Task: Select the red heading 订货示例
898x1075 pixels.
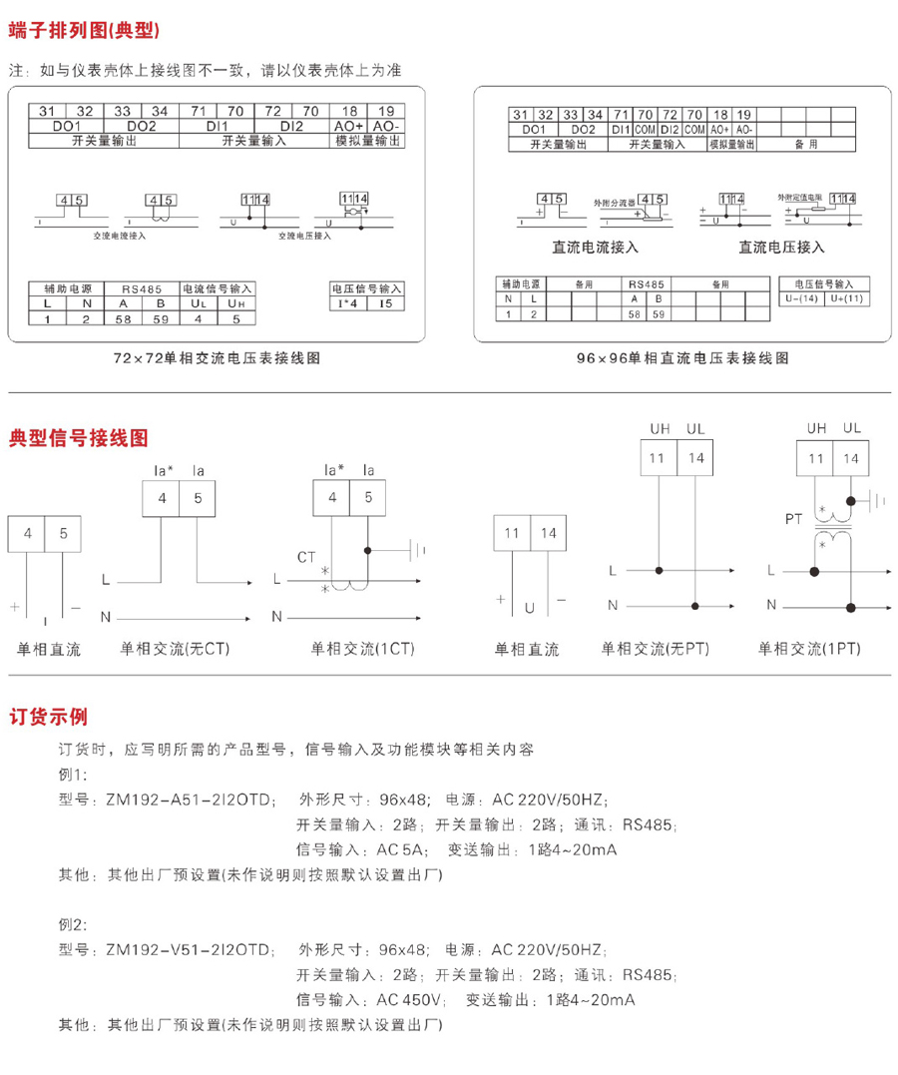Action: (x=49, y=716)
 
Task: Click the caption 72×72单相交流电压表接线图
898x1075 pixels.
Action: (x=218, y=357)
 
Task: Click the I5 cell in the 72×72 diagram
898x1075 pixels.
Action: (x=385, y=303)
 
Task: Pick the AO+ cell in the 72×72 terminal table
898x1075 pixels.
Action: (x=349, y=128)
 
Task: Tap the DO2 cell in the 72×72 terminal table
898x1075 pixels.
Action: (x=143, y=128)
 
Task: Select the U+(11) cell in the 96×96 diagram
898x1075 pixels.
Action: (x=845, y=298)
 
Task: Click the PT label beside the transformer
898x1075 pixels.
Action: (x=794, y=520)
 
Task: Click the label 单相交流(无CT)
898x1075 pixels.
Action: (x=176, y=649)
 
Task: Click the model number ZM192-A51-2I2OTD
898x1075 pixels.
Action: (x=184, y=800)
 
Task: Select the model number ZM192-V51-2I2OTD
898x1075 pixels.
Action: (x=184, y=948)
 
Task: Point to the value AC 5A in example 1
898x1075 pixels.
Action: (x=401, y=850)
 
